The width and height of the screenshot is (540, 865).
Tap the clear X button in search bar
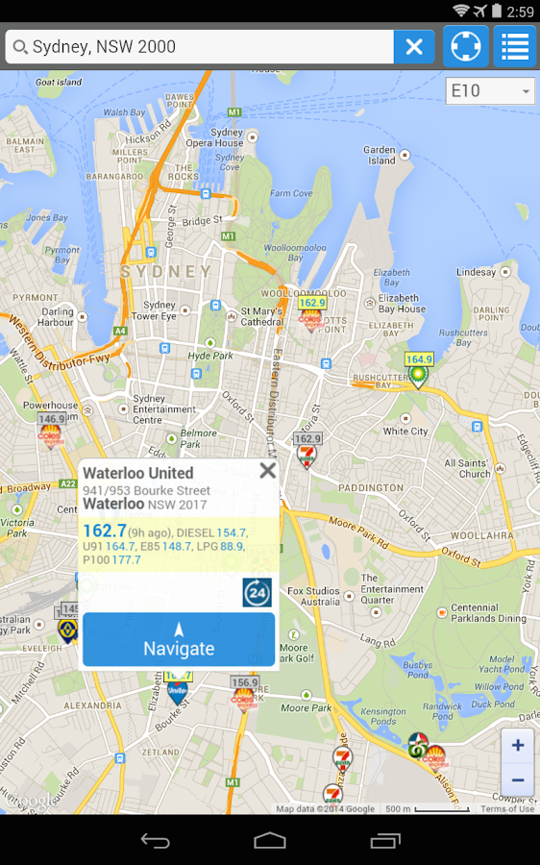point(414,46)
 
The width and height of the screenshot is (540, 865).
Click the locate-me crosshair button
point(465,46)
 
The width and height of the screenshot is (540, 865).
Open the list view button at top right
point(515,46)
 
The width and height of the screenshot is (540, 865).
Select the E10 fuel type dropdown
point(490,91)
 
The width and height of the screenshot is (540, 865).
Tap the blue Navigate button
point(179,639)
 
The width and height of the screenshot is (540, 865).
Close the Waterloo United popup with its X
point(267,470)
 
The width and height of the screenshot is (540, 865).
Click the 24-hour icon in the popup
point(257,592)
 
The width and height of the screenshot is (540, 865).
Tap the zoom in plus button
point(518,745)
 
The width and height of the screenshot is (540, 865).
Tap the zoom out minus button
point(518,779)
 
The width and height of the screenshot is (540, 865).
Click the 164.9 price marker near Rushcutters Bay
point(418,360)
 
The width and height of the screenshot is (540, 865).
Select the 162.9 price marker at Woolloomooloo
point(311,304)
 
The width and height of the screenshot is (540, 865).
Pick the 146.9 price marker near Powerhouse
point(52,420)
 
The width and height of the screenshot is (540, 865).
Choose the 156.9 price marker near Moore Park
point(244,682)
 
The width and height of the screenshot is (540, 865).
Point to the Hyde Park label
point(210,356)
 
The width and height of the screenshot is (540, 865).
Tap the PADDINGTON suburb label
point(372,487)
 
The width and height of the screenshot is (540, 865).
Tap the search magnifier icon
point(20,47)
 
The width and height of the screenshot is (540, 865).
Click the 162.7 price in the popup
point(105,531)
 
